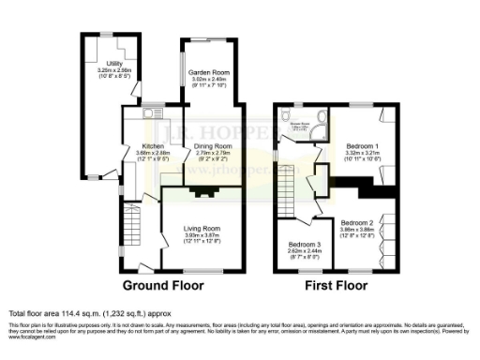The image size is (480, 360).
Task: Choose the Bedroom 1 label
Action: click(362, 147)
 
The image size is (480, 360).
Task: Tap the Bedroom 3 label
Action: click(303, 246)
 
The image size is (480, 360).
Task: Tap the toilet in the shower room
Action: click(285, 119)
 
